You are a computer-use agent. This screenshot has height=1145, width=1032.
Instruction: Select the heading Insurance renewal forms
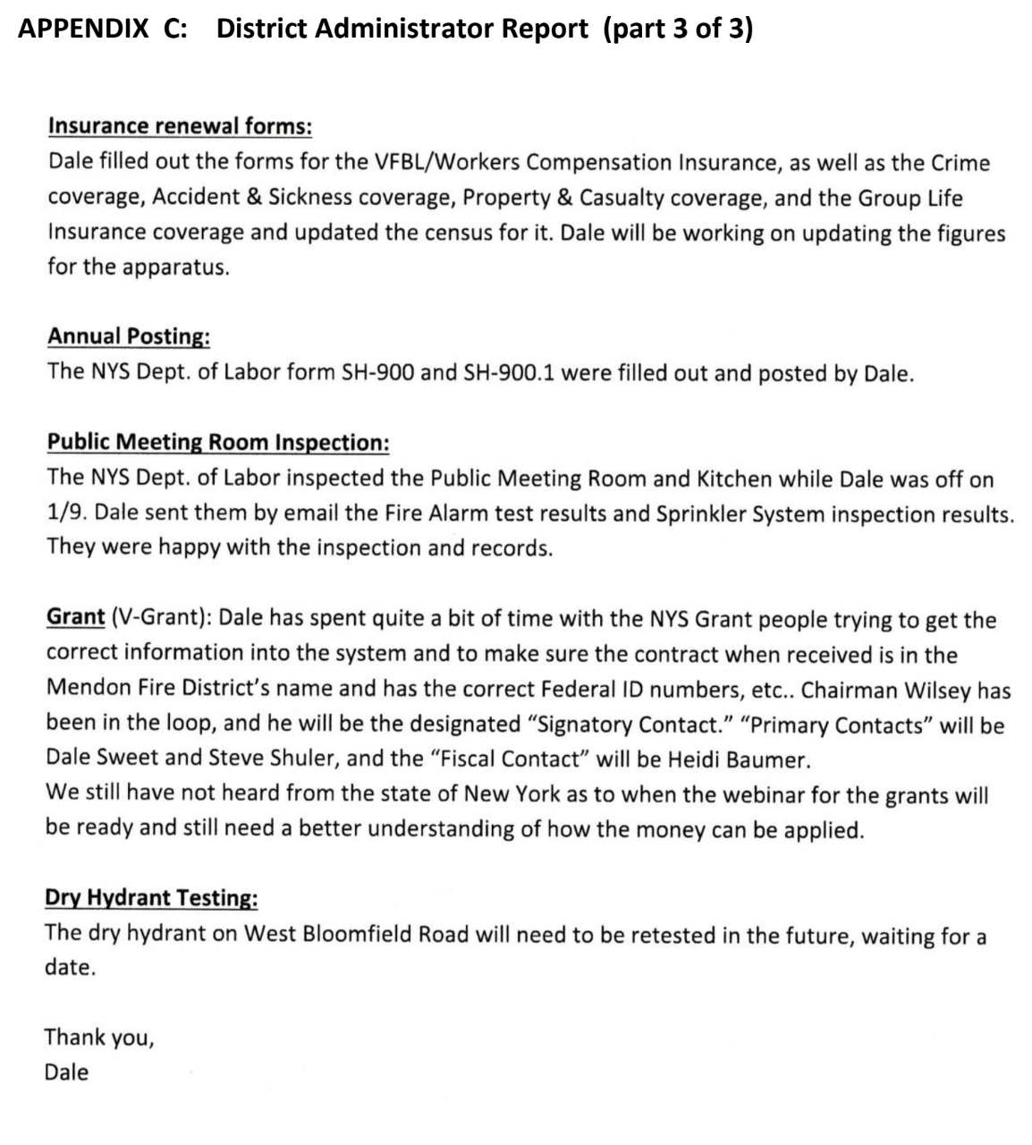(179, 125)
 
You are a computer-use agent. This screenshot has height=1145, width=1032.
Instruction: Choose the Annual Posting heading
(129, 336)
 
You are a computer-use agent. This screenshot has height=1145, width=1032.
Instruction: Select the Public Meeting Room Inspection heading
(217, 442)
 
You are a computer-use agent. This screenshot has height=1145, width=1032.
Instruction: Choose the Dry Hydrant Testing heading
(152, 897)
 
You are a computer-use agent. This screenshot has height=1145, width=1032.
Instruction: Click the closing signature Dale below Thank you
(67, 1072)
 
